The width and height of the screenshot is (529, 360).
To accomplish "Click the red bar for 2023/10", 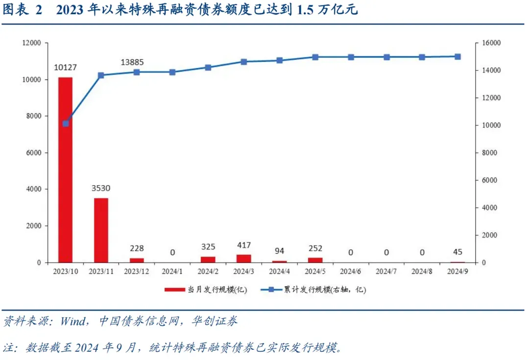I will click(x=65, y=169).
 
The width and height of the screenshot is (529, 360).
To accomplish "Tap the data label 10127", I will click(x=65, y=68).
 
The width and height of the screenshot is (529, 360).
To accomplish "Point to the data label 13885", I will click(x=133, y=62).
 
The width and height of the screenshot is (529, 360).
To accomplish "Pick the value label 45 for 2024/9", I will click(x=457, y=252).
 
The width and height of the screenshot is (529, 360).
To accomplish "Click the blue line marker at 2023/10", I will click(x=66, y=123).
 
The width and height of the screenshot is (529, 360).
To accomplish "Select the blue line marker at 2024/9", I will click(x=457, y=56).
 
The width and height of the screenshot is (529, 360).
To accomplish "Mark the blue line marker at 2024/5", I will click(x=315, y=57).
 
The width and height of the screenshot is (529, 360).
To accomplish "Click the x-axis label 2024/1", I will click(x=172, y=270).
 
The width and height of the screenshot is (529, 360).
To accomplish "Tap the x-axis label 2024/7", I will click(x=386, y=270).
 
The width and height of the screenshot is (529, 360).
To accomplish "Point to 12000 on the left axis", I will click(x=31, y=43).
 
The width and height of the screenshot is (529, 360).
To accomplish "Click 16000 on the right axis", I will click(x=490, y=43).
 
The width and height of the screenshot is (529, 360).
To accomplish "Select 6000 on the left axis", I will click(x=33, y=153).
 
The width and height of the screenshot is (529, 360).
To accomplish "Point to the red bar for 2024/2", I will click(x=208, y=259).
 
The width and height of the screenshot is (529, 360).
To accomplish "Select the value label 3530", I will click(x=101, y=189).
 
